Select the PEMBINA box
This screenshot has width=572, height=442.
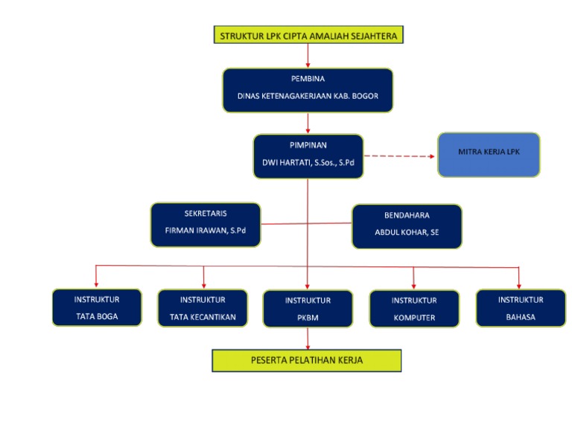[x=308, y=89]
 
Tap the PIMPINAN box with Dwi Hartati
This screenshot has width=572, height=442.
[x=308, y=156]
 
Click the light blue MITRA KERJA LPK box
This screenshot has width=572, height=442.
[x=488, y=155]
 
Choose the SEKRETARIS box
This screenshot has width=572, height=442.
[x=205, y=224]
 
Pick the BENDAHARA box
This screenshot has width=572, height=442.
[x=407, y=226]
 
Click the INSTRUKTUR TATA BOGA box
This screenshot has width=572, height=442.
[x=96, y=307]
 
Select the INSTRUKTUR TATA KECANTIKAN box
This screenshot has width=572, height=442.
[x=203, y=307]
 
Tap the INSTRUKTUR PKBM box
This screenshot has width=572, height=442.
[x=308, y=308]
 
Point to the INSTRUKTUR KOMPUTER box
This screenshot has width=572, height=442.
[x=413, y=308]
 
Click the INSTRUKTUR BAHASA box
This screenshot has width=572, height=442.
[x=520, y=307]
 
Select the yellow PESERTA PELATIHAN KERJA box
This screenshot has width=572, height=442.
[x=307, y=360]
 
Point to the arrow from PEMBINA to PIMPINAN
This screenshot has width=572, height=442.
[x=308, y=124]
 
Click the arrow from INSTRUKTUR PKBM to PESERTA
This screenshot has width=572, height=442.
[x=308, y=338]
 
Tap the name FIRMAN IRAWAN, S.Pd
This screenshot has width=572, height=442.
[x=205, y=231]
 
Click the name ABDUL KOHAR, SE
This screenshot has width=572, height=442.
[x=407, y=232]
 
